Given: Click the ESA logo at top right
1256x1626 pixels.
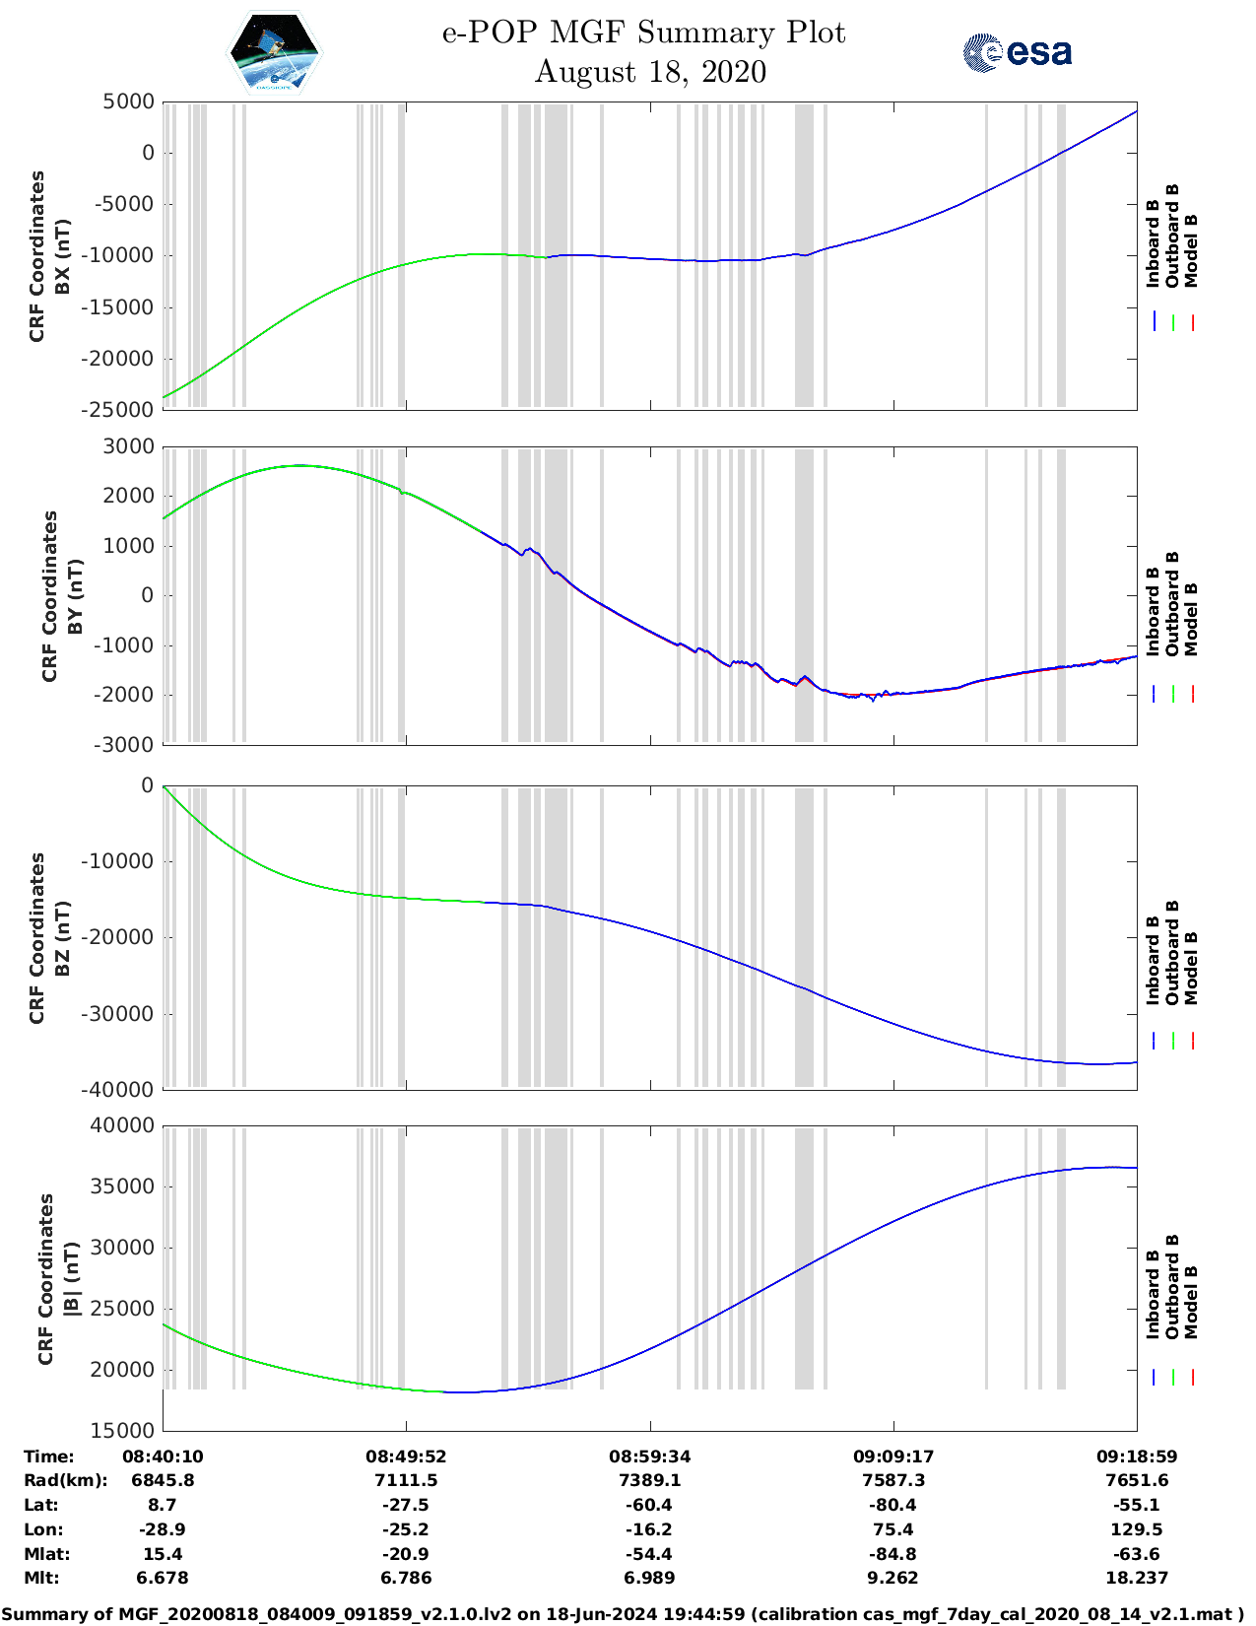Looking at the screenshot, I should tap(1018, 52).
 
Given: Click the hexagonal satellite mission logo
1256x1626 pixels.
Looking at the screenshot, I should tap(274, 53).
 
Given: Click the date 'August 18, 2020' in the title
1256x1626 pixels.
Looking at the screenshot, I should tap(650, 72).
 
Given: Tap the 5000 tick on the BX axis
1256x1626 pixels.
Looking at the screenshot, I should tap(129, 102).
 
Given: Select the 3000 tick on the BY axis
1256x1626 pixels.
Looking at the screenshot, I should tap(129, 446).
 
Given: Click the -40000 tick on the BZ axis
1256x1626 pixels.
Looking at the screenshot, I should tap(120, 1090).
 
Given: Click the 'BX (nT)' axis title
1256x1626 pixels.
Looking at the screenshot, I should tap(62, 256).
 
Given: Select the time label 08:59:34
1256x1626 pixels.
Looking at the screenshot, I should tap(649, 1457).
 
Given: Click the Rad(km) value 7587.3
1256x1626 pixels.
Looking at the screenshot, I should tap(893, 1480).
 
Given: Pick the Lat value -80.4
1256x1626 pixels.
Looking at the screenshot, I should tap(893, 1505).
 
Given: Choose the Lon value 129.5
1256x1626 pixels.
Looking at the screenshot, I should tap(1137, 1529).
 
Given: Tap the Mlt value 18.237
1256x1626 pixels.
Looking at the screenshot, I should tap(1137, 1578).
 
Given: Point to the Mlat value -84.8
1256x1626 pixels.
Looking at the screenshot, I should tap(893, 1554).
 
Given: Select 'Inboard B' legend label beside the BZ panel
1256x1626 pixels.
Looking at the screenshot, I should tap(1153, 960).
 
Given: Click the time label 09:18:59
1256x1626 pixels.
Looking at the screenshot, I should tap(1137, 1457).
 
